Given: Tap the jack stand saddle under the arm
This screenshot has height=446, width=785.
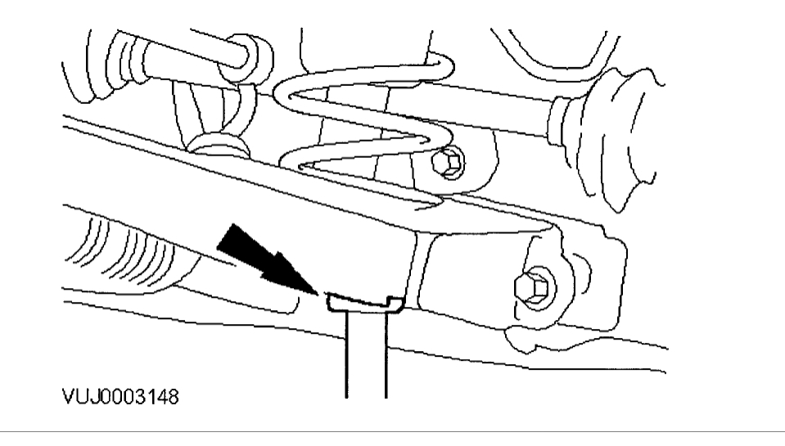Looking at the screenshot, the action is [x=364, y=304].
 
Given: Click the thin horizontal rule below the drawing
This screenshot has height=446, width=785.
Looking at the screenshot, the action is [x=393, y=429].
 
